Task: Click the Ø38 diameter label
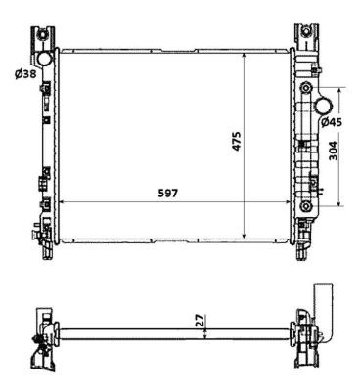[x=25, y=74]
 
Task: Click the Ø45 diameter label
[x=332, y=122]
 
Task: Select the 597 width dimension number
[x=168, y=194]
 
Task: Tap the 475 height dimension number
[x=237, y=141]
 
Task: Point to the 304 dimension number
[x=333, y=151]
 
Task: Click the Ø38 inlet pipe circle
[x=44, y=58]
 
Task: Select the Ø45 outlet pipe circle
[x=324, y=106]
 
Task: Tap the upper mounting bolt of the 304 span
[x=305, y=88]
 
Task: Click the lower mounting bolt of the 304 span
[x=305, y=206]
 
